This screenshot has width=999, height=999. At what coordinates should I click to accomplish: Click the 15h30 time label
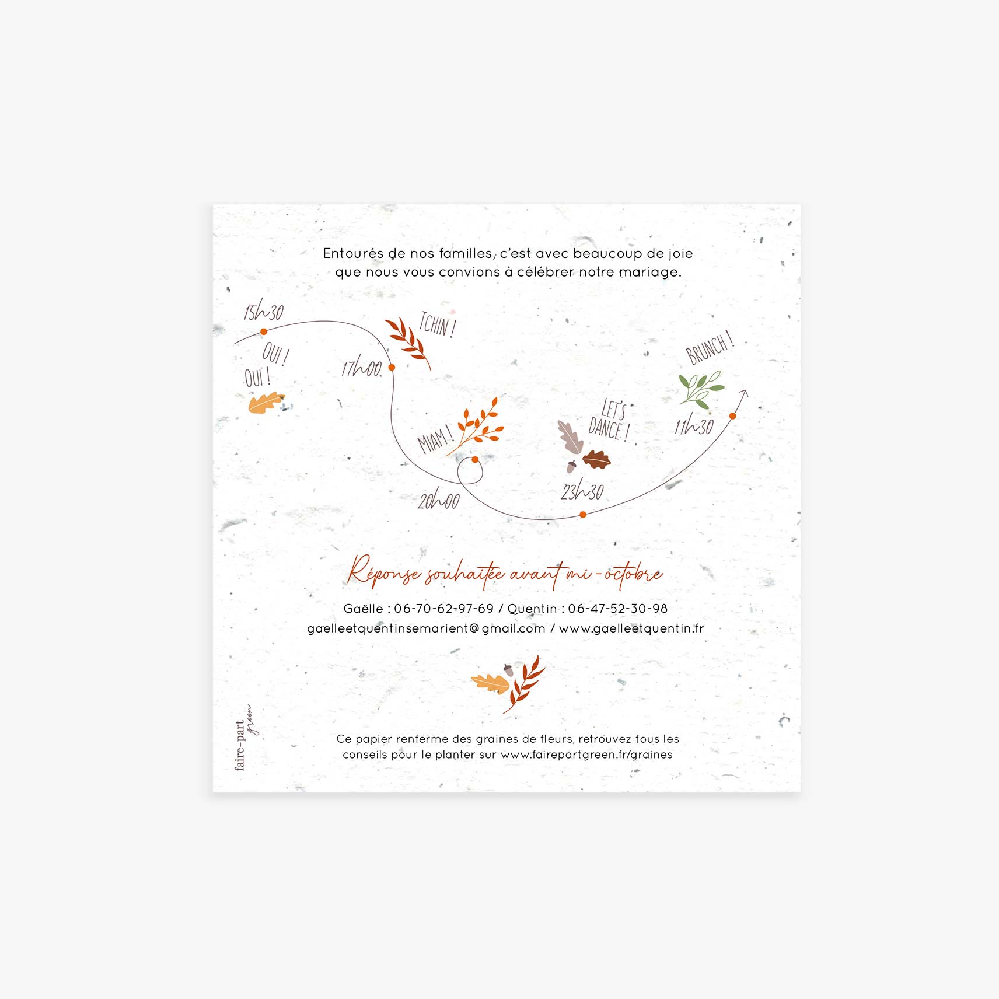coord(264,312)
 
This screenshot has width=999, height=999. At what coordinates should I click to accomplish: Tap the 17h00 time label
coord(361,368)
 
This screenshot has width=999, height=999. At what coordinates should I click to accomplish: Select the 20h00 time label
coord(438,500)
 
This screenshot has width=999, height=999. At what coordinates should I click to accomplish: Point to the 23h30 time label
coord(582,491)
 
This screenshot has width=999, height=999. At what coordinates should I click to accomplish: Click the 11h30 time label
coord(694,426)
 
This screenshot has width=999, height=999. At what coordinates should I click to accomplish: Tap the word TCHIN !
coord(437,324)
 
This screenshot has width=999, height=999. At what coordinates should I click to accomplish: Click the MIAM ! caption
coord(435,439)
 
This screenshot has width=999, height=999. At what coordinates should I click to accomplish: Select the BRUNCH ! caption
coord(709,348)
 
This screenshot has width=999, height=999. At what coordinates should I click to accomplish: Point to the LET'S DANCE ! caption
coord(610,421)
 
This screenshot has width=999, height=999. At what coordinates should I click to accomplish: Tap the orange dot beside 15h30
coord(264,331)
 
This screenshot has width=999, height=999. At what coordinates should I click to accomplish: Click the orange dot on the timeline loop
coord(475,460)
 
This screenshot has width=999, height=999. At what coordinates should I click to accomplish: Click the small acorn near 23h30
coord(571,466)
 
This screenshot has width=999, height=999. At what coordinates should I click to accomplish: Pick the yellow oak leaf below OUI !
coord(266,403)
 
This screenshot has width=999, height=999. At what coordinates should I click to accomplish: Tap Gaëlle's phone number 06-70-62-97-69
coord(443,609)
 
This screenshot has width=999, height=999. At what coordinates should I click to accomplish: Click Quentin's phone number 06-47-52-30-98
coord(617,609)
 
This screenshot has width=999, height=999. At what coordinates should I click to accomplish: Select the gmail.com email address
coord(426,628)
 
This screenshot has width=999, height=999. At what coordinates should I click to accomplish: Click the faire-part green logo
coord(244,738)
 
